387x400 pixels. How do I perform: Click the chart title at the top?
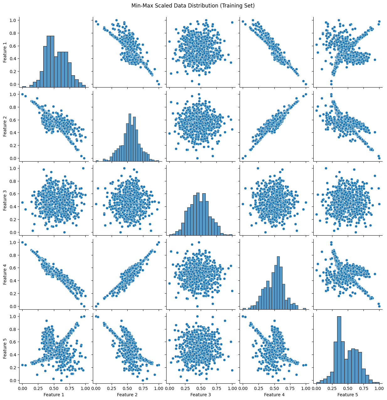click(193, 5)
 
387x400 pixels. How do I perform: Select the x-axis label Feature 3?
click(201, 394)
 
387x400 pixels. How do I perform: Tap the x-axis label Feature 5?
click(347, 394)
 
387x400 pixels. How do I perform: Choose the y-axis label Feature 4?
click(5, 274)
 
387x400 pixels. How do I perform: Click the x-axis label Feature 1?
click(54, 394)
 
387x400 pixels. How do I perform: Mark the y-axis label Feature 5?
click(5, 348)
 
